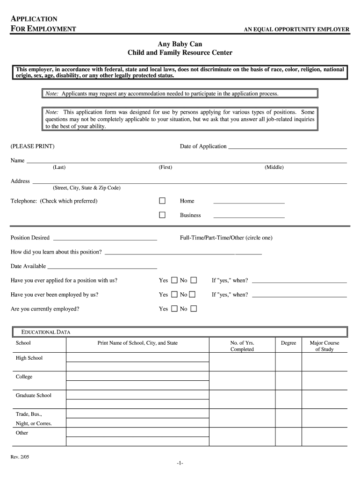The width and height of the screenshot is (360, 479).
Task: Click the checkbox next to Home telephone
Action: pos(162,201)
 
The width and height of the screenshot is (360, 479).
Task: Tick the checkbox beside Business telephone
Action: pos(162,215)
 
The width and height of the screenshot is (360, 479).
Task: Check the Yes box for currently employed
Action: pos(174,309)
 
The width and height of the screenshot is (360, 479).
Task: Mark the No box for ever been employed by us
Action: pos(193,295)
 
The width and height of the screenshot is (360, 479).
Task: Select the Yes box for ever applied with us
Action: pos(174,280)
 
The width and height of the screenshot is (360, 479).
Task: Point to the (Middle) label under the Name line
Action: pos(274,167)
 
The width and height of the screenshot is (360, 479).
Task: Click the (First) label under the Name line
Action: pos(165,167)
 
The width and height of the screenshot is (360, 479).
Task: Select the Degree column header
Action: pos(288,343)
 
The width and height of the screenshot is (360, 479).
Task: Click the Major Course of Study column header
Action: pos(324,346)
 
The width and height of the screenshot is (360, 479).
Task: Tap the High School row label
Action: pos(29,358)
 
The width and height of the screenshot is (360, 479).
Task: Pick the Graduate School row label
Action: pos(34,396)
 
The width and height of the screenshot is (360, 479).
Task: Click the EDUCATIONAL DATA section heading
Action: pos(45,332)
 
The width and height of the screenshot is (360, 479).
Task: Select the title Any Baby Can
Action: pos(180,44)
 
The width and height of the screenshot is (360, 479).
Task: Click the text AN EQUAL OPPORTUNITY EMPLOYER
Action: pos(296,30)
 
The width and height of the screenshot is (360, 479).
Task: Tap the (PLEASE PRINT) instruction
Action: pos(33,147)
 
